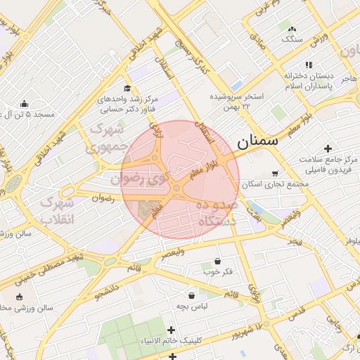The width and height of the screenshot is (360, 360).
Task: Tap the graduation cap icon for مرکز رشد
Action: point(127,88)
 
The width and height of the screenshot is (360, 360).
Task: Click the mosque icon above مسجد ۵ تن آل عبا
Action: point(25,103)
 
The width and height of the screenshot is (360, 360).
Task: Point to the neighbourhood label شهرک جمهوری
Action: point(107,139)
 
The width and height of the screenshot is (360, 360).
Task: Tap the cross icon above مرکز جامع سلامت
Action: point(328,148)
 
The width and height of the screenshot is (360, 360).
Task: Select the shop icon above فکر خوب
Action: point(217,260)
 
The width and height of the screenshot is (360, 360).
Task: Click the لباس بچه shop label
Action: point(191,306)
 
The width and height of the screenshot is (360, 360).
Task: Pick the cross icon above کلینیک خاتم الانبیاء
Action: point(171,330)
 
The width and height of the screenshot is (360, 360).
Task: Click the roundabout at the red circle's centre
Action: point(176,188)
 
